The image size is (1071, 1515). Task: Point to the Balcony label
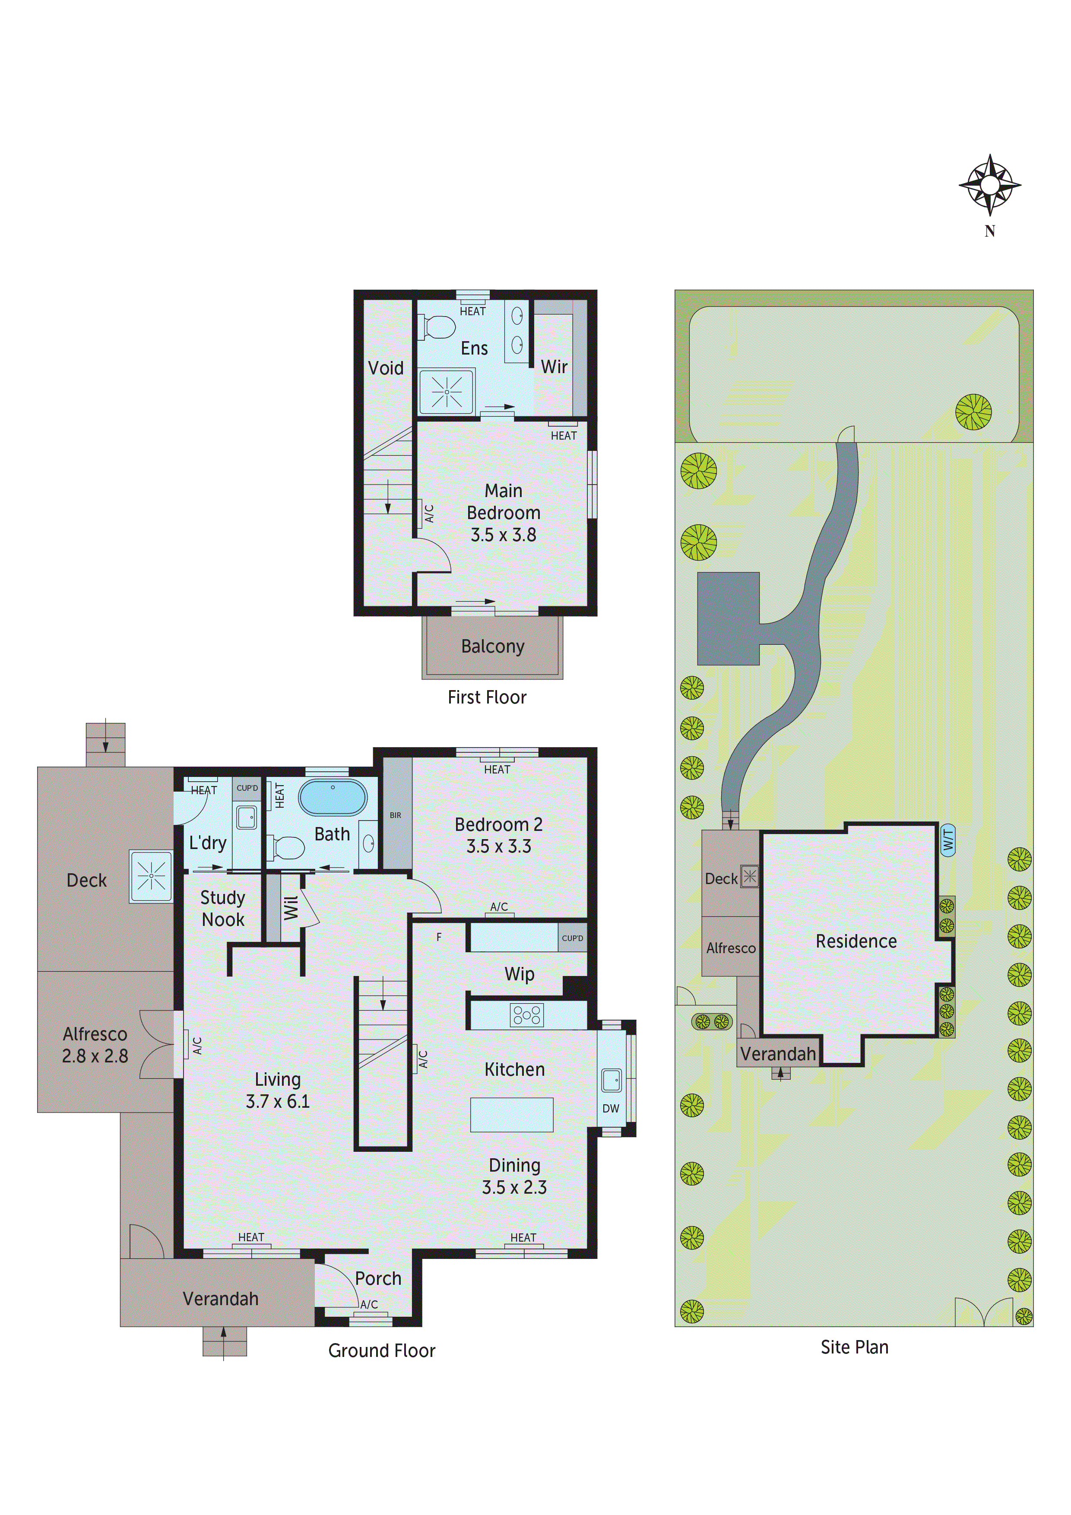(492, 646)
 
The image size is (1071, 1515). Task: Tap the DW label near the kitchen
(610, 1109)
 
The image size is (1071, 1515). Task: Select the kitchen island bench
(511, 1115)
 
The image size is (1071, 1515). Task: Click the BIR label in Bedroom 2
(395, 815)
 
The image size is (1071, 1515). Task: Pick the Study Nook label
(223, 909)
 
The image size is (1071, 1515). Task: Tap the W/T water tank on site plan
(947, 840)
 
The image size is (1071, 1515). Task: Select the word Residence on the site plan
(856, 941)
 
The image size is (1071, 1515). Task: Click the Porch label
(378, 1279)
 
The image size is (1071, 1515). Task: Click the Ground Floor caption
(381, 1351)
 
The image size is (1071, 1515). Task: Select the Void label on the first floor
(385, 368)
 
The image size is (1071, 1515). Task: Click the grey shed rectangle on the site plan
(728, 618)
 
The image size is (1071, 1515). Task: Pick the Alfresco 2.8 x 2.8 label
(95, 1045)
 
